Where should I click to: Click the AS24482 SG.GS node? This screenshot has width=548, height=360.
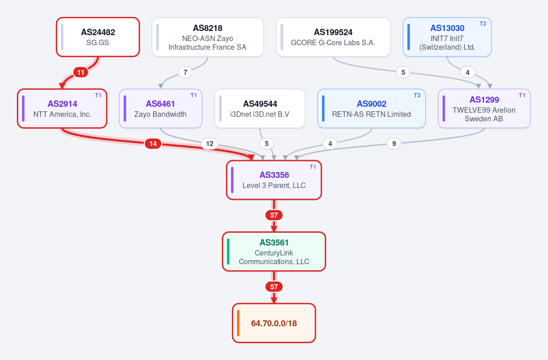(x=98, y=37)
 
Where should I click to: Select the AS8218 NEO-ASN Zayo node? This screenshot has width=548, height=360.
(x=208, y=37)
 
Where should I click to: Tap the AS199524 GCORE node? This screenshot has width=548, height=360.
(x=333, y=37)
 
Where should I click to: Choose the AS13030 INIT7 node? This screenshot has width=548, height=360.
(x=447, y=37)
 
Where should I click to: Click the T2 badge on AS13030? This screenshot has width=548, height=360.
(x=483, y=24)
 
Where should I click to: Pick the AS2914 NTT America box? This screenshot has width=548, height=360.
(x=62, y=109)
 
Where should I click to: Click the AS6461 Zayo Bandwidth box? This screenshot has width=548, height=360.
(x=160, y=109)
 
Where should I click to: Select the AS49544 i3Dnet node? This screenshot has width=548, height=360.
(x=260, y=109)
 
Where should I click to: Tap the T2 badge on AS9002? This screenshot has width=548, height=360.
(x=417, y=95)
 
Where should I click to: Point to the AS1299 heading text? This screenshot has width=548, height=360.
(x=484, y=100)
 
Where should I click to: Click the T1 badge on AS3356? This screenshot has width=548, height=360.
(x=313, y=167)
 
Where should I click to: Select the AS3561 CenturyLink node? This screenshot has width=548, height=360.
(x=274, y=251)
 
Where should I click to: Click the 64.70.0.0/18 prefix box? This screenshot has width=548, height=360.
(x=274, y=323)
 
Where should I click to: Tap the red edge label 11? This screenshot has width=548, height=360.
(x=81, y=73)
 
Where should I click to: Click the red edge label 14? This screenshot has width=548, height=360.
(x=153, y=143)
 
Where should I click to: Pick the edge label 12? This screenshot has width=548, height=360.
(x=210, y=143)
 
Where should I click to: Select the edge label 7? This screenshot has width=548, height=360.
(x=185, y=73)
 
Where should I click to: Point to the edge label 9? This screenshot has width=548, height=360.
(x=394, y=143)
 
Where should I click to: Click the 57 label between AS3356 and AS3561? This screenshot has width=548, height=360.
(x=274, y=215)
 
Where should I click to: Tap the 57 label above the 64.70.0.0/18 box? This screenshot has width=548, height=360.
(x=274, y=287)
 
